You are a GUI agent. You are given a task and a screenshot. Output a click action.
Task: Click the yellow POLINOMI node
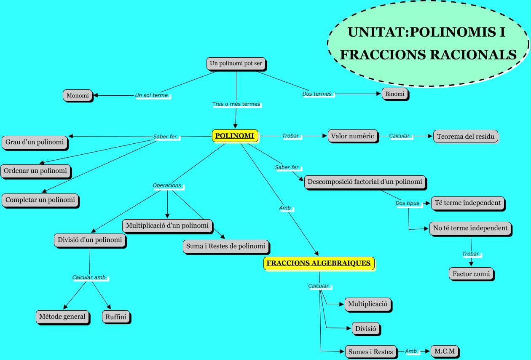click(234, 136)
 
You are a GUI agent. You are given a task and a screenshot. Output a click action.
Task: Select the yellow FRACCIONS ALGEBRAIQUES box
click(319, 263)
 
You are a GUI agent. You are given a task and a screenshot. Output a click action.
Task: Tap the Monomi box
click(78, 95)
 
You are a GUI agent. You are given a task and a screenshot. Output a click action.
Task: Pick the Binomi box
click(395, 94)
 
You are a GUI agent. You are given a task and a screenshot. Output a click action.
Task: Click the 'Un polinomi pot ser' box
click(236, 64)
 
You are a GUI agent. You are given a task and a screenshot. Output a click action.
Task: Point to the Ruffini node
click(115, 317)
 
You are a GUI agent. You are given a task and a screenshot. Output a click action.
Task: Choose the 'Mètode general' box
click(62, 317)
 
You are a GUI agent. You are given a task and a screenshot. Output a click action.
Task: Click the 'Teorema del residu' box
click(465, 137)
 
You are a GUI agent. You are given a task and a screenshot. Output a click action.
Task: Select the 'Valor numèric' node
click(352, 136)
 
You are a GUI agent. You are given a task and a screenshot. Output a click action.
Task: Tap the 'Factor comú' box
click(471, 274)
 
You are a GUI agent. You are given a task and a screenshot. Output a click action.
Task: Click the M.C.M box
click(445, 351)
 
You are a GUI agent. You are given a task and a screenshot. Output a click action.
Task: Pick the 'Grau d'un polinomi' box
click(35, 142)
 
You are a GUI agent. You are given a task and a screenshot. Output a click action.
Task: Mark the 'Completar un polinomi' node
click(40, 200)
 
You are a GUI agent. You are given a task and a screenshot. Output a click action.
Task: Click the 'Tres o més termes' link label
click(236, 104)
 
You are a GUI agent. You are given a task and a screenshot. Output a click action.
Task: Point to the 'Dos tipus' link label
click(408, 203)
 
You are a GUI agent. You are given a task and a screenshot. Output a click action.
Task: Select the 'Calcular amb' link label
click(89, 277)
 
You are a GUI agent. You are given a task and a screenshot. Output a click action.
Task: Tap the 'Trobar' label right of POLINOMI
click(290, 136)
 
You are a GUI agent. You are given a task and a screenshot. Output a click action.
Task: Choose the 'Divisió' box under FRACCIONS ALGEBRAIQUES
click(366, 328)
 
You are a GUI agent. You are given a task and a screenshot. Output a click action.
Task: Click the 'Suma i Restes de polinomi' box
click(226, 246)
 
